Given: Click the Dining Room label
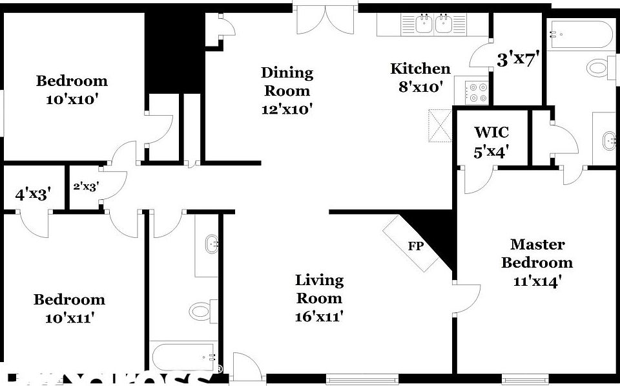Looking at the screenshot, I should pyautogui.click(x=287, y=91).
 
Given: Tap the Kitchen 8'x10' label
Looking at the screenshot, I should pyautogui.click(x=420, y=78).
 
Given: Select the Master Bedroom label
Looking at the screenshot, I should pyautogui.click(x=537, y=263).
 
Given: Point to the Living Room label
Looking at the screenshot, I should pyautogui.click(x=319, y=298).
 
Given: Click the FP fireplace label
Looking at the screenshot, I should pyautogui.click(x=415, y=246).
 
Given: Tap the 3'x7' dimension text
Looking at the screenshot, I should pyautogui.click(x=518, y=60).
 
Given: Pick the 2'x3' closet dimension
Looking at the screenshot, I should pyautogui.click(x=85, y=187).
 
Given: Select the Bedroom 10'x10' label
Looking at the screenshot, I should pyautogui.click(x=72, y=90).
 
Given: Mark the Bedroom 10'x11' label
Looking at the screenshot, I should pyautogui.click(x=69, y=308).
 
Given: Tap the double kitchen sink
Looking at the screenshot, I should pyautogui.click(x=433, y=25).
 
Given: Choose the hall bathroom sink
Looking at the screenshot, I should pyautogui.click(x=211, y=245).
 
